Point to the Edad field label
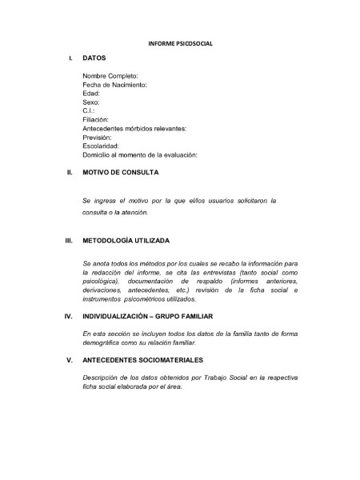91,94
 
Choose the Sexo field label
91,102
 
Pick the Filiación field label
96,119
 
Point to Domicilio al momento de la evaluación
139,154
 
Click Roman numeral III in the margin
69,241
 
